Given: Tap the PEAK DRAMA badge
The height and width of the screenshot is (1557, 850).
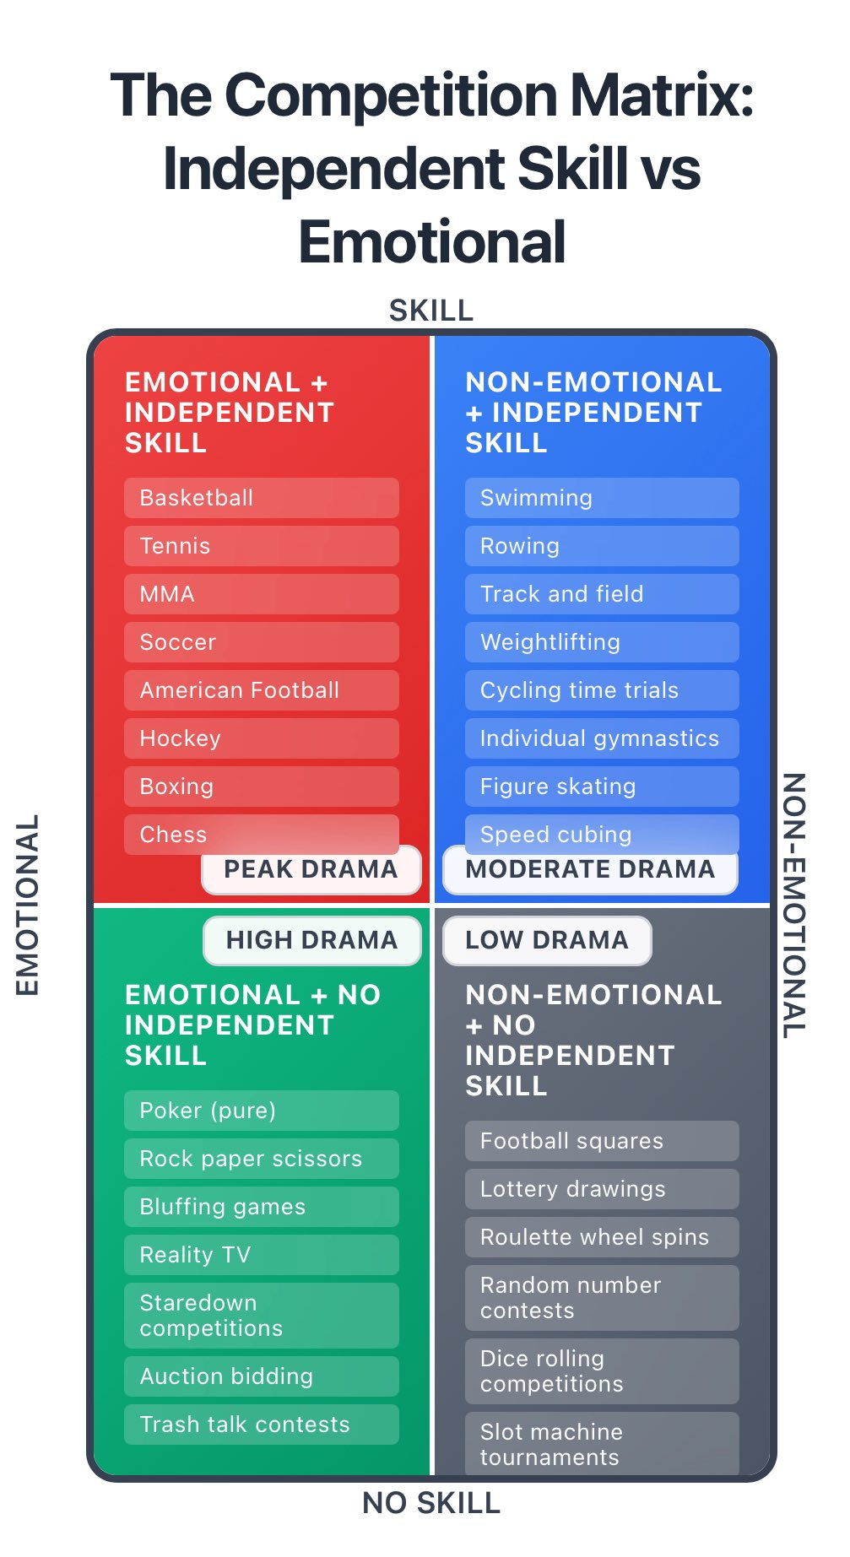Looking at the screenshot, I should (x=311, y=870).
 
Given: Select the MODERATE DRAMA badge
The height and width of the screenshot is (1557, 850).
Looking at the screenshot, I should (x=590, y=870).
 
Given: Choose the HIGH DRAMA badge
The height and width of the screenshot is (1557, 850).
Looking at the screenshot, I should (x=311, y=940).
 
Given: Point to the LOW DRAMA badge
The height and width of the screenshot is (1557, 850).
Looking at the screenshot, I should (x=547, y=940).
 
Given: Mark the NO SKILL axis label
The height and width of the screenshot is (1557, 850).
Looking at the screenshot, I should (x=431, y=1503).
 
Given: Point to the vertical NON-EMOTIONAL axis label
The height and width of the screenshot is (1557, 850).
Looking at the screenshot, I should (x=793, y=905).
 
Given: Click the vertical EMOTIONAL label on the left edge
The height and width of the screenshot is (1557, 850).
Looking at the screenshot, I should (x=28, y=905).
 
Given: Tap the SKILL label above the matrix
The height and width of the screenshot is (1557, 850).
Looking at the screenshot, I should (x=431, y=311).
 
